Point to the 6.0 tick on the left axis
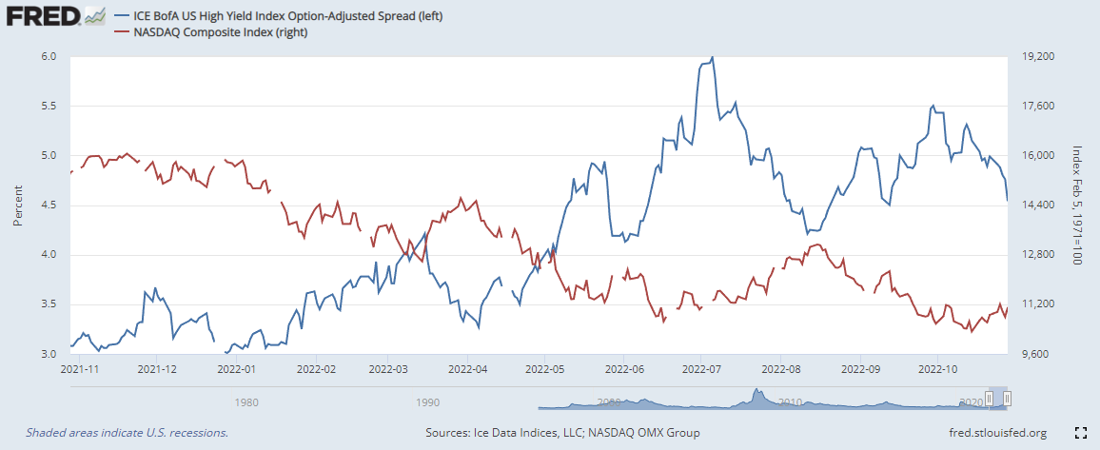(x=49, y=57)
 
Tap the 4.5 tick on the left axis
(x=49, y=205)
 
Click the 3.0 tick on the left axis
(x=49, y=354)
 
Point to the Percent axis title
(x=18, y=205)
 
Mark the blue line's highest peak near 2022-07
(x=713, y=57)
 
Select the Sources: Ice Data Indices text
(x=562, y=433)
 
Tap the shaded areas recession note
(x=127, y=433)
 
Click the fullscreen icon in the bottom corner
(x=1080, y=433)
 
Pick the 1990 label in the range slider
(x=427, y=402)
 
